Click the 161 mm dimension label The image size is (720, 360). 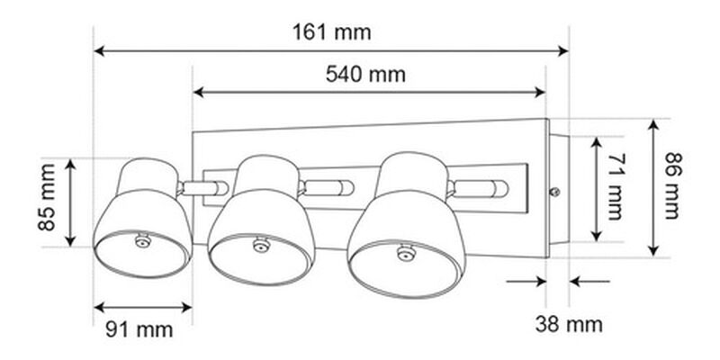pyautogui.click(x=331, y=32)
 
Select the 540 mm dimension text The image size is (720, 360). pyautogui.click(x=365, y=75)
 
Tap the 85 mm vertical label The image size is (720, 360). pyautogui.click(x=48, y=197)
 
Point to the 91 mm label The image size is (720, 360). pyautogui.click(x=139, y=329)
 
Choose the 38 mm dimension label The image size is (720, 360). pyautogui.click(x=569, y=325)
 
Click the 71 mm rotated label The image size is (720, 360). pyautogui.click(x=616, y=186)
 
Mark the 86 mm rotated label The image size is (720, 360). pyautogui.click(x=673, y=186)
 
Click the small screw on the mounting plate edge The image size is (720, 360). pyautogui.click(x=554, y=192)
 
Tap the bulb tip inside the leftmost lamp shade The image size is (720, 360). pyautogui.click(x=142, y=240)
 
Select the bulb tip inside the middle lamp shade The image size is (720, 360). pyautogui.click(x=260, y=244)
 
